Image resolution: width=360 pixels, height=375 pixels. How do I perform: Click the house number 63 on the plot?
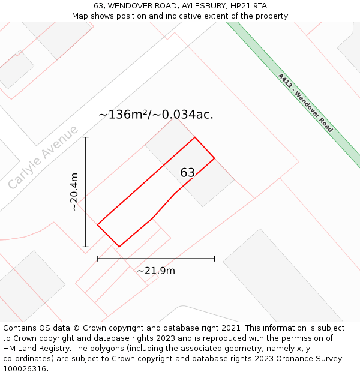click(187, 173)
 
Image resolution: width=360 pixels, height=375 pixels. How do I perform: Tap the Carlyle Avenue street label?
click(43, 157)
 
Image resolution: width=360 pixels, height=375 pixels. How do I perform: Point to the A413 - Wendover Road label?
click(305, 103)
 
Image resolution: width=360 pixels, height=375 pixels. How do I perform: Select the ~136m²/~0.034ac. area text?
click(156, 114)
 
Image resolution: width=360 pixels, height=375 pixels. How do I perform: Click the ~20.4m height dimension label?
click(74, 191)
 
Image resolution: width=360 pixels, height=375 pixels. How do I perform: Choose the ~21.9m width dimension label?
click(156, 271)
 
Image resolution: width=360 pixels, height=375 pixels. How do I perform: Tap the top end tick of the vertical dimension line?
click(86, 137)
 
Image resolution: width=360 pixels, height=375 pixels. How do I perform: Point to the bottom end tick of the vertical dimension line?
click(86, 247)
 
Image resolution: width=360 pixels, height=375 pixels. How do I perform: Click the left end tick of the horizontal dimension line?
click(97, 259)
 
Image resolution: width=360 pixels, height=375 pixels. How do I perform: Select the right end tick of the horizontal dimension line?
click(214, 259)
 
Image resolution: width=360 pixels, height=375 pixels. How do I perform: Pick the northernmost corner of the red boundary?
click(195, 137)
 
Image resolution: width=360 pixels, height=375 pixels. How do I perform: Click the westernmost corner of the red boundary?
click(97, 225)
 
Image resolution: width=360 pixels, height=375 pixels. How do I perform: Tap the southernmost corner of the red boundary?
click(119, 247)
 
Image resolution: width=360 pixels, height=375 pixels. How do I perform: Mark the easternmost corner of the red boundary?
click(214, 158)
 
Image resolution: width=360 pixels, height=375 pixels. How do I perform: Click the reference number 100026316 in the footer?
click(25, 368)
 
